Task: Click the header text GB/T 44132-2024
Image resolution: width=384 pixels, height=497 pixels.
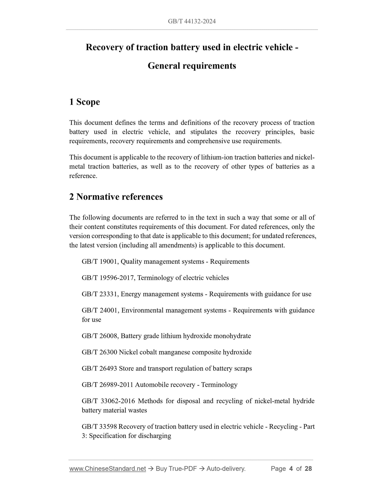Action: (x=192, y=21)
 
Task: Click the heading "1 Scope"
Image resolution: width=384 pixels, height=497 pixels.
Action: (x=85, y=102)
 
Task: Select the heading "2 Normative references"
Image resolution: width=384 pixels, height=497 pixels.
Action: (x=116, y=197)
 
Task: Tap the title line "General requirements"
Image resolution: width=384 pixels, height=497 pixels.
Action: (x=192, y=66)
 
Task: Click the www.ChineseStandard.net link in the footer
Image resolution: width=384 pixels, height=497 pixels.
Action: (x=108, y=469)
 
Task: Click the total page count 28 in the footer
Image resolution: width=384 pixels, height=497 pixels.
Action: (x=308, y=469)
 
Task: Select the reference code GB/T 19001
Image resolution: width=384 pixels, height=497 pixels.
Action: (x=100, y=262)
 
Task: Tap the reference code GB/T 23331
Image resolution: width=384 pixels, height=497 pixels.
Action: (x=100, y=294)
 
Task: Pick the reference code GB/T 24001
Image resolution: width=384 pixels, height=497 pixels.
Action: (x=100, y=310)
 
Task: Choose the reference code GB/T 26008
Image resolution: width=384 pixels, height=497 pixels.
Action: (x=100, y=336)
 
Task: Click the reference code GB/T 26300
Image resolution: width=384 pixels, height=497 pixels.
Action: (x=99, y=352)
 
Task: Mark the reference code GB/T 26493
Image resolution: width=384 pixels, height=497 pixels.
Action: (x=99, y=368)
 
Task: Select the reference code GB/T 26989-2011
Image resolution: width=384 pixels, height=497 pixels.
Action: (x=107, y=385)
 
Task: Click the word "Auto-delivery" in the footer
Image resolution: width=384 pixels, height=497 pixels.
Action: (x=226, y=469)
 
